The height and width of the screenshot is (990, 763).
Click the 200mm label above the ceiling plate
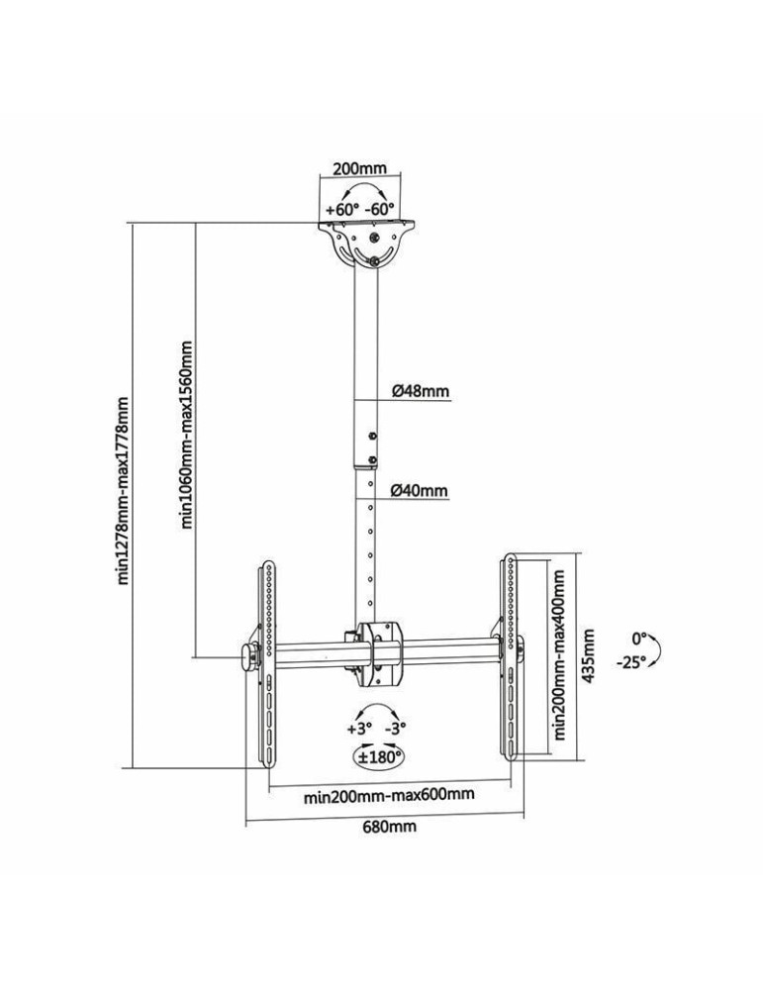(x=359, y=169)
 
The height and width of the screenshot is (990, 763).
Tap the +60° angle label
(x=341, y=210)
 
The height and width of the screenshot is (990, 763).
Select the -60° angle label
(x=379, y=210)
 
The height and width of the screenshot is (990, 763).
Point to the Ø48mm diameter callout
(x=420, y=391)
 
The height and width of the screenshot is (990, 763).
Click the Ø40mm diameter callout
(x=420, y=490)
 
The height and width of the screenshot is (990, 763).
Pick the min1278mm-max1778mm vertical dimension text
(x=124, y=490)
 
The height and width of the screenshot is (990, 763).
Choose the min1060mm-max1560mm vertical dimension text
(x=188, y=436)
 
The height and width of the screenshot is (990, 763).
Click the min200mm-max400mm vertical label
(x=560, y=653)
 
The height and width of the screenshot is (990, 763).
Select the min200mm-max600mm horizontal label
(x=388, y=795)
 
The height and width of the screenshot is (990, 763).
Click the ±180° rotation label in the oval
(x=379, y=757)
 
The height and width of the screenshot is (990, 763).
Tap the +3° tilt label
(x=358, y=728)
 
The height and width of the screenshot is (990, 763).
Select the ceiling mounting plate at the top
(x=366, y=243)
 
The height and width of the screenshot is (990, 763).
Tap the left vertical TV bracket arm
(x=267, y=663)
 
